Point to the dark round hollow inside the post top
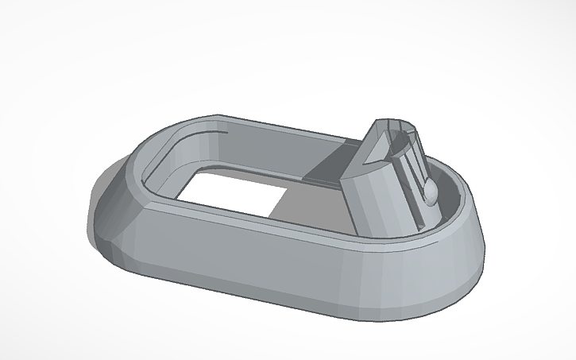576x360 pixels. pyautogui.click(x=401, y=135)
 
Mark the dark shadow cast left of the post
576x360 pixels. pyautogui.click(x=330, y=167)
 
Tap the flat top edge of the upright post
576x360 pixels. pyautogui.click(x=397, y=122)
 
